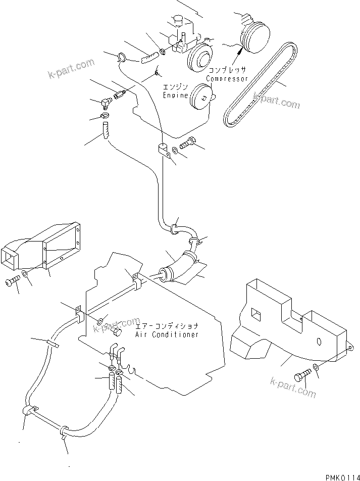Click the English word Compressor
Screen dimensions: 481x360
pos(227,79)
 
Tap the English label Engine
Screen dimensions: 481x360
pos(175,95)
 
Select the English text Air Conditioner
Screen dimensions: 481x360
pos(167,334)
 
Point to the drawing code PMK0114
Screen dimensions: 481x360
pos(342,476)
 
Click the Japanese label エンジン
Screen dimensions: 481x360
pos(175,87)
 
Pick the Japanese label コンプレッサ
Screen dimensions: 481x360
pos(228,71)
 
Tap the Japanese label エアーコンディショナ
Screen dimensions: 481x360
pos(167,326)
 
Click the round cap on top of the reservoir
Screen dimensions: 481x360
pos(178,20)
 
